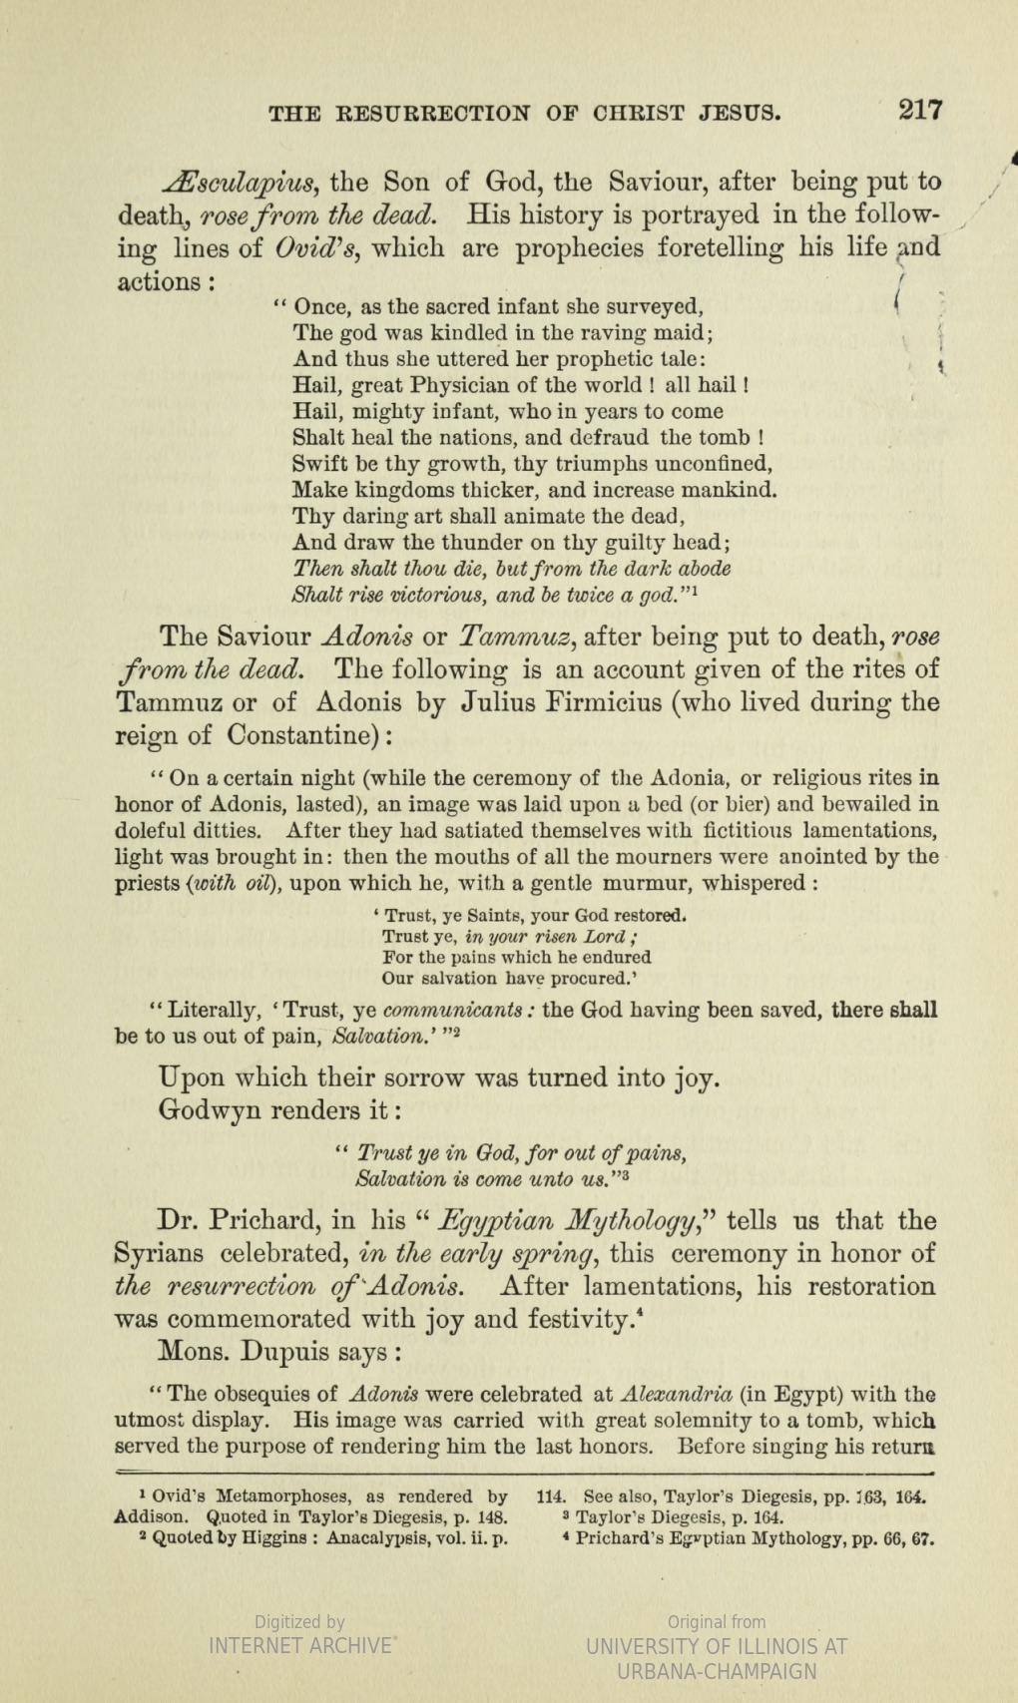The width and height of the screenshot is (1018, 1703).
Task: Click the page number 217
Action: pos(919,109)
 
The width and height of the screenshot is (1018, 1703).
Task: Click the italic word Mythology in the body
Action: pos(622,1221)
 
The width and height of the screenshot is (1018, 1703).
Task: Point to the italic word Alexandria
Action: pos(677,1394)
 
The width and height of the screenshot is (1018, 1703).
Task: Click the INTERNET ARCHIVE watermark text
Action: pos(299,1645)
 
